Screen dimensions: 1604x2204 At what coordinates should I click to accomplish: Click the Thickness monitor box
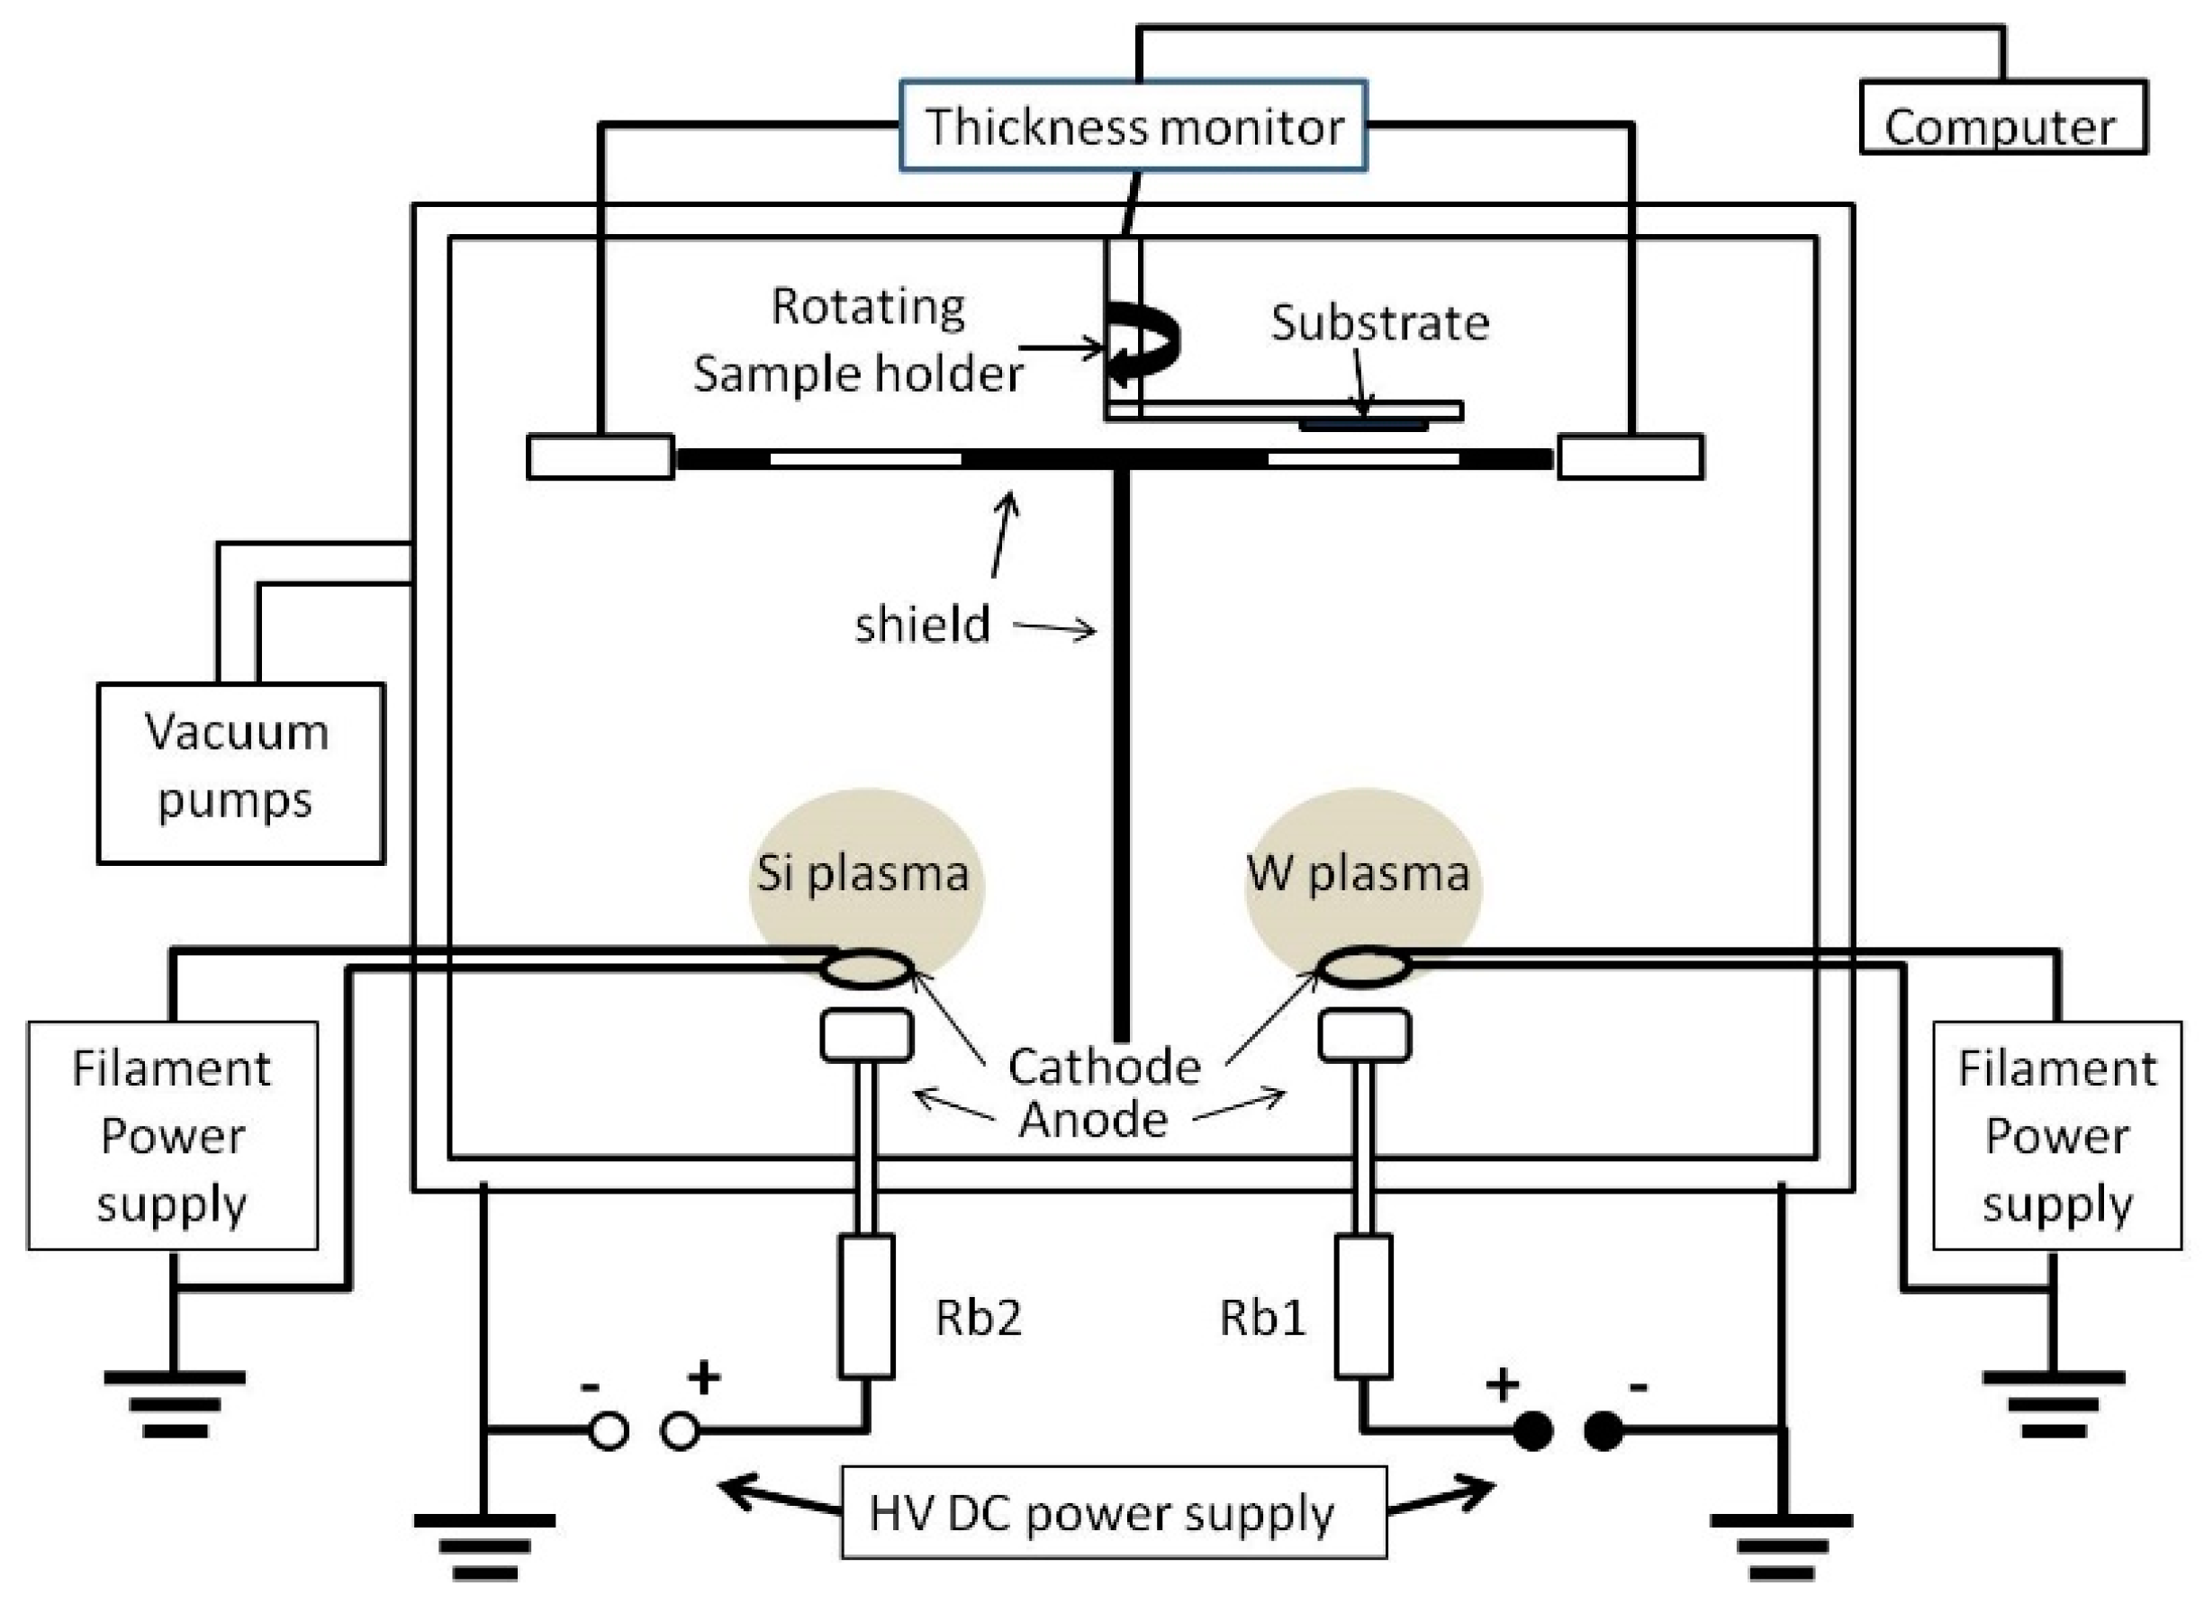click(1134, 126)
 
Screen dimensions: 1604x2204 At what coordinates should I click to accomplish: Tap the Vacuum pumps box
click(240, 772)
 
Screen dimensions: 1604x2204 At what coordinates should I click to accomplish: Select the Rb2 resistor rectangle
click(866, 1306)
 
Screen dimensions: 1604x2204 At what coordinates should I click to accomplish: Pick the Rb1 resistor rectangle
click(1363, 1306)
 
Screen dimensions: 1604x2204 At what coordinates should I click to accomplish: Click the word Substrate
click(1380, 323)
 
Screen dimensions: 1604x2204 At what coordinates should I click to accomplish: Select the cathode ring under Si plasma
click(866, 969)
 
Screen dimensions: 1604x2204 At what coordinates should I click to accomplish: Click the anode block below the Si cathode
click(866, 1036)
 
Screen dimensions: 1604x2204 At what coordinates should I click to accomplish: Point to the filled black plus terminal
click(1533, 1432)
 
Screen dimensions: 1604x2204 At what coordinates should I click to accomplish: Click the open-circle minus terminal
click(610, 1432)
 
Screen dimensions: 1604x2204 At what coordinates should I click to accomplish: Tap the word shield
click(922, 625)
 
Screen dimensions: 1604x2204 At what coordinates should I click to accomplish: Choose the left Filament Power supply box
click(172, 1135)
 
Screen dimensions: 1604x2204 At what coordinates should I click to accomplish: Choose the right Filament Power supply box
click(2057, 1135)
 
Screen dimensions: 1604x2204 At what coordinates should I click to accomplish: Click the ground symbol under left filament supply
click(174, 1404)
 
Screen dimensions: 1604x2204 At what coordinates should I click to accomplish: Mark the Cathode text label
click(1104, 1067)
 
